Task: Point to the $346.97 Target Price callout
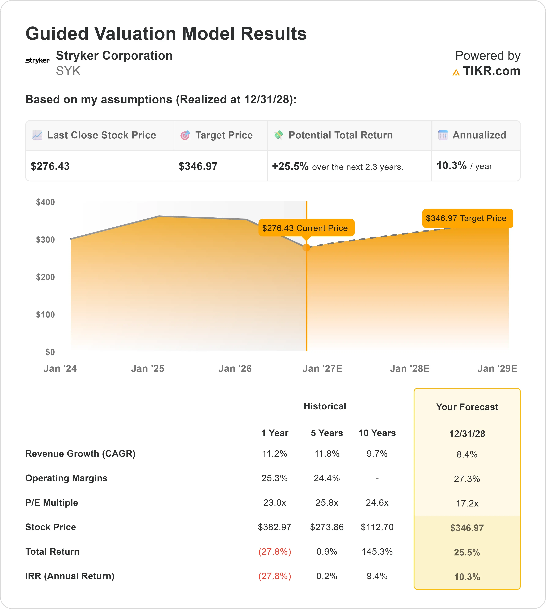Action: [x=467, y=218]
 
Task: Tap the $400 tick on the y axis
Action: [x=46, y=202]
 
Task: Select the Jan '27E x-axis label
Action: [x=322, y=369]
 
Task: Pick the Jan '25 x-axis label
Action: [x=148, y=369]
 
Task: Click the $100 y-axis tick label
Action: [x=46, y=315]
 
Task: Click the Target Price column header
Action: [x=224, y=135]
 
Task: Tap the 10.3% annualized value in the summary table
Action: [x=451, y=166]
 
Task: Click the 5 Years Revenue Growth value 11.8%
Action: [x=327, y=454]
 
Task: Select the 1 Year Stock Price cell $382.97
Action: [x=275, y=527]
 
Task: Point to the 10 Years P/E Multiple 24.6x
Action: [x=377, y=503]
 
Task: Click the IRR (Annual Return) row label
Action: [x=70, y=576]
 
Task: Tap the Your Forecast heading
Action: [x=467, y=407]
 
